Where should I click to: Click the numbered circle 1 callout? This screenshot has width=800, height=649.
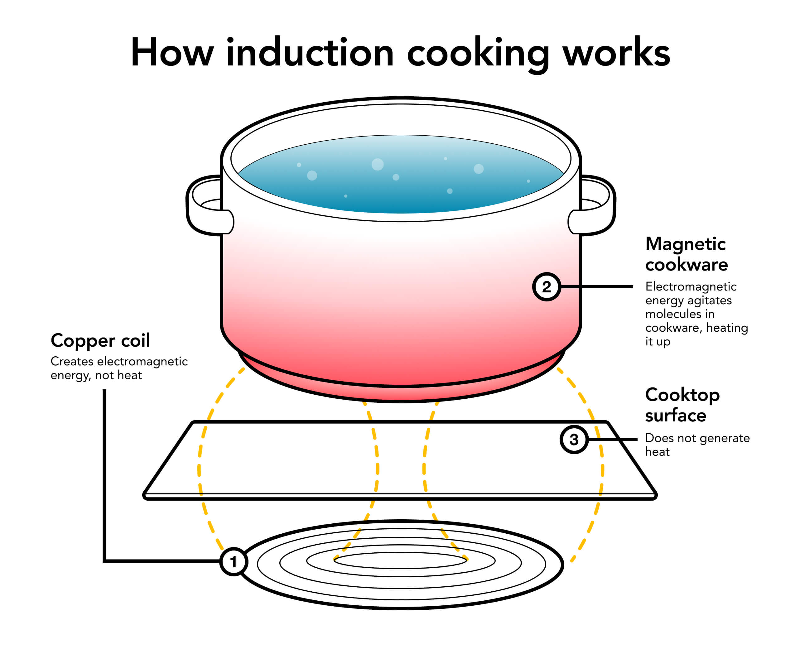pyautogui.click(x=233, y=561)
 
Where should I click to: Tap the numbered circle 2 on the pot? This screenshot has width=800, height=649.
pyautogui.click(x=546, y=287)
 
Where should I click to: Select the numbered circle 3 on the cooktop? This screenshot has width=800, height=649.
pyautogui.click(x=574, y=439)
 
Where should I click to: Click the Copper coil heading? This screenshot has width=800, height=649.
pyautogui.click(x=100, y=341)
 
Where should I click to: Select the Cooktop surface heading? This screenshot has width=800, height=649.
pyautogui.click(x=682, y=405)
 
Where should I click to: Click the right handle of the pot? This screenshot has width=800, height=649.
pyautogui.click(x=597, y=206)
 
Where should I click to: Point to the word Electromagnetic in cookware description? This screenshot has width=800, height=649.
pyautogui.click(x=691, y=286)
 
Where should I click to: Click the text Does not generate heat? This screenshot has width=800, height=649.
pyautogui.click(x=697, y=445)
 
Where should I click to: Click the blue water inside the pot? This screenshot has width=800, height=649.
pyautogui.click(x=400, y=180)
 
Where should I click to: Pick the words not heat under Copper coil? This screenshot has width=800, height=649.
pyautogui.click(x=118, y=375)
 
